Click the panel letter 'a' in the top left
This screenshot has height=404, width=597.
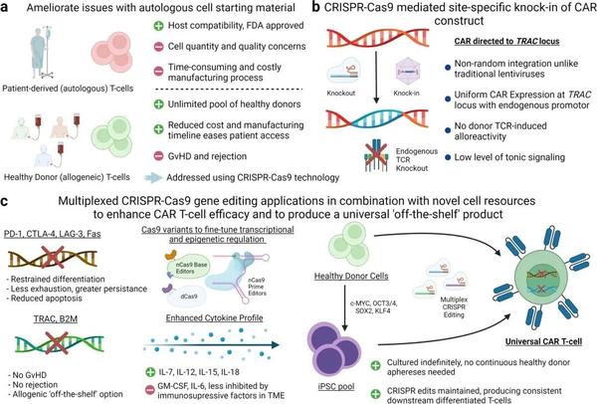7,10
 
